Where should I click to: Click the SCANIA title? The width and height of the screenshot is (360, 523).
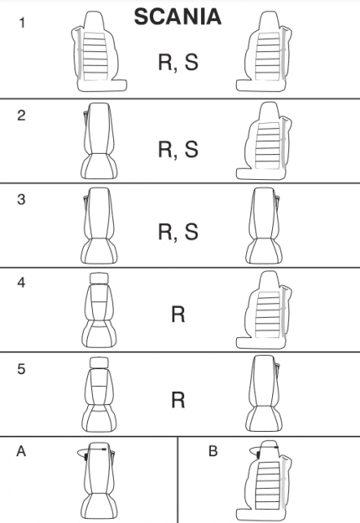tap(177, 17)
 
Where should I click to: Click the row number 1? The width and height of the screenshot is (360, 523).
tap(22, 23)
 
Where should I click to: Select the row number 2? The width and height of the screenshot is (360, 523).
tap(22, 115)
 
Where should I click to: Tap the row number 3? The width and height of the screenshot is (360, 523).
tap(21, 199)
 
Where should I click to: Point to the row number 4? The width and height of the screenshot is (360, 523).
tap(21, 283)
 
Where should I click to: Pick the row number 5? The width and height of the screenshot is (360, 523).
tap(21, 369)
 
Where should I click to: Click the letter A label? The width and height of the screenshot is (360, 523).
tap(21, 451)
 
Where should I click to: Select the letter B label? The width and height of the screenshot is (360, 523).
tap(213, 451)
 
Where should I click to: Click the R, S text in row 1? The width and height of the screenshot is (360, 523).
tap(178, 63)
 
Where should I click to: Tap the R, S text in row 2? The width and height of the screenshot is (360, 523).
tap(178, 150)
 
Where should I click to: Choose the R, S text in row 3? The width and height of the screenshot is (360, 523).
tap(178, 232)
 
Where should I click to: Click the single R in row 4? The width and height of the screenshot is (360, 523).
tap(178, 315)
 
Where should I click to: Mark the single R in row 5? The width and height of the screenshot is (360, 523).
tap(178, 400)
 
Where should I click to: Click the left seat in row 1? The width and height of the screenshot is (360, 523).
tap(99, 52)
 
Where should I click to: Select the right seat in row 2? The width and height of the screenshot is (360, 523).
tap(264, 141)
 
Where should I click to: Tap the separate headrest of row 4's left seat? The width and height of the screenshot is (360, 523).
tap(99, 278)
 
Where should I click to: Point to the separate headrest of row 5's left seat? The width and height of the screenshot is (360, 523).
tap(99, 363)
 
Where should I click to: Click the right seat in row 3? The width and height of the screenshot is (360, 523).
tap(264, 225)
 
